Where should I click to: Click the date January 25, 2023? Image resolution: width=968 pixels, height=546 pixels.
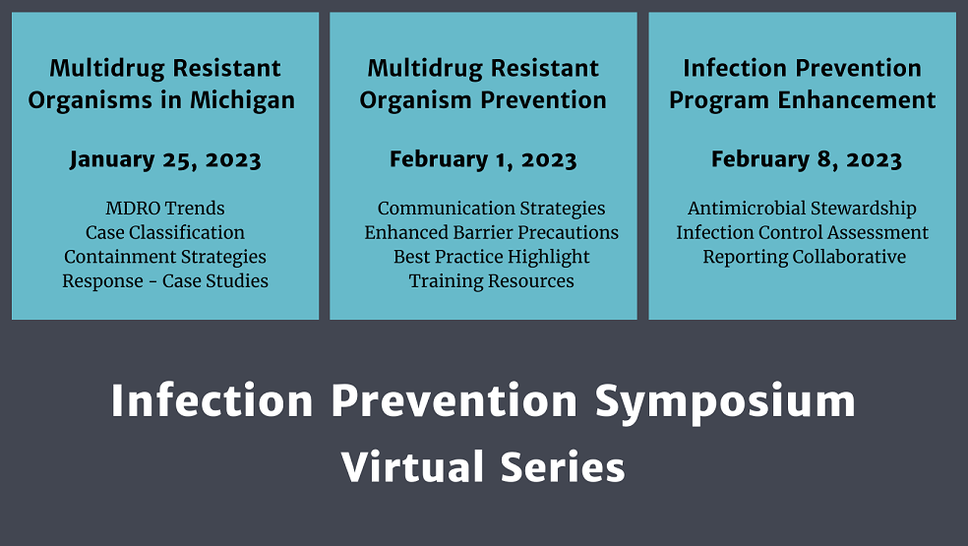tap(165, 160)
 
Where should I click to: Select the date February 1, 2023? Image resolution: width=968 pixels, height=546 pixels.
tap(483, 160)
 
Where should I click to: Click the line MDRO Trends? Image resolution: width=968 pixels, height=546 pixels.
tap(165, 209)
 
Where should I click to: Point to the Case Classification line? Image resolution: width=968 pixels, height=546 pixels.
tap(165, 233)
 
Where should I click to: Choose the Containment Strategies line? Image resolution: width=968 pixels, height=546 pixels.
tap(165, 257)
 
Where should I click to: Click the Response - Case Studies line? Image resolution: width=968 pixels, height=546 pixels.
tap(165, 281)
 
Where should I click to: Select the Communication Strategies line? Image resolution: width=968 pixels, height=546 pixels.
tap(492, 209)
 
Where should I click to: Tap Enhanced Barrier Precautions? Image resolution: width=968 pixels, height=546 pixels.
tap(492, 233)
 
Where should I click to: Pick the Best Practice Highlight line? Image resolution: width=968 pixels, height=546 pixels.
tap(492, 257)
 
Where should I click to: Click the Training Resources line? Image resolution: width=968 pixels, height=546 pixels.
tap(492, 281)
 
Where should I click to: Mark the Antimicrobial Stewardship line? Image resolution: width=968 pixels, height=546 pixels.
tap(802, 209)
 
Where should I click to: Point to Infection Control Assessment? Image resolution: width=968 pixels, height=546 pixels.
tap(802, 233)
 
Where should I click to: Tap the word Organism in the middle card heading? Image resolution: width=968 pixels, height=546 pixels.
tap(413, 100)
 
